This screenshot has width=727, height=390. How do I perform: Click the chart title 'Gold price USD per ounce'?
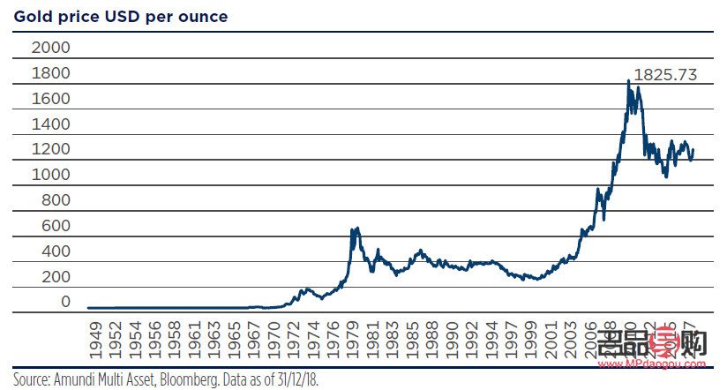121,17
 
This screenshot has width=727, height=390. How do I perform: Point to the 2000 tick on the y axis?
50,47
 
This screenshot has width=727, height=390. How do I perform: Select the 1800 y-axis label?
50,72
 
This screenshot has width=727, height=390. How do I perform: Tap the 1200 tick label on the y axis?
50,149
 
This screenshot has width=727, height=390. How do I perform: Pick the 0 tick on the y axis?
64,302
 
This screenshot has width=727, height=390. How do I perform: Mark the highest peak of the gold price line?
628,81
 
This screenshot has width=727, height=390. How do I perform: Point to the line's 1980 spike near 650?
355,229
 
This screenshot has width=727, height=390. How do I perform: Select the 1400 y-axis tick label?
50,124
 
